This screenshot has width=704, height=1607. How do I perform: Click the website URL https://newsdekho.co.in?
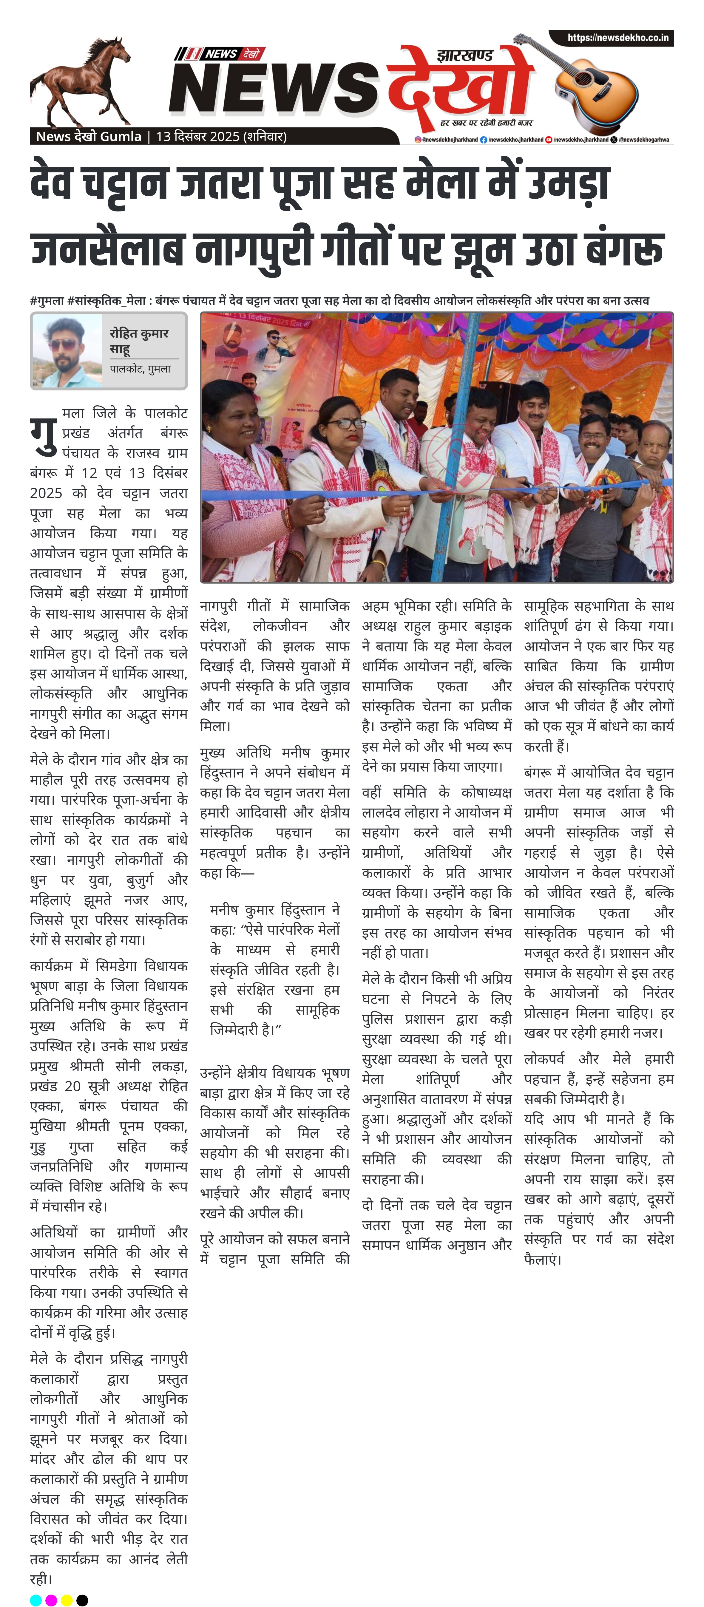coord(617,38)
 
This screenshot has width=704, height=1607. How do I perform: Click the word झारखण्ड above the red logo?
coord(465,55)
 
